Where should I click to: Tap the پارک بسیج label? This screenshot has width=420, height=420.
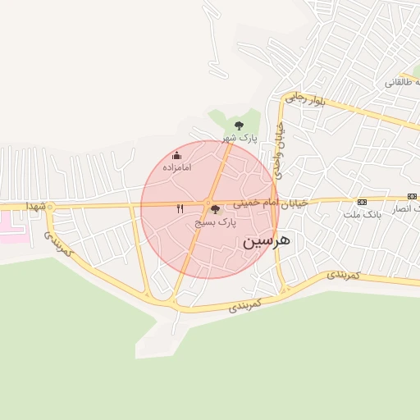pyautogui.click(x=216, y=222)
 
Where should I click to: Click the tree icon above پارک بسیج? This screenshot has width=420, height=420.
pyautogui.click(x=216, y=210)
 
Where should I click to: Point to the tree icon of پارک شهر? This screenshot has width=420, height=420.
pyautogui.click(x=239, y=126)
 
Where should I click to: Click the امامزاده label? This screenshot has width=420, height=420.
pyautogui.click(x=176, y=167)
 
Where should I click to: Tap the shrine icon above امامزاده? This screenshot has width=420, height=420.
pyautogui.click(x=176, y=155)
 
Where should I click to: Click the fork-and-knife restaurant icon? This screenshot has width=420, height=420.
pyautogui.click(x=180, y=208)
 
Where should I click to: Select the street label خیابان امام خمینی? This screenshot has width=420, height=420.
pyautogui.click(x=270, y=202)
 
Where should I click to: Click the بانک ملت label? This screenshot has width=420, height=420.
pyautogui.click(x=362, y=214)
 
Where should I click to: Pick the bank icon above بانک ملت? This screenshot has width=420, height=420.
pyautogui.click(x=362, y=202)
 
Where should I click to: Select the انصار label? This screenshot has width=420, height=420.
pyautogui.click(x=407, y=210)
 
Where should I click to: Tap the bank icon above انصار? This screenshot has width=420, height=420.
pyautogui.click(x=412, y=197)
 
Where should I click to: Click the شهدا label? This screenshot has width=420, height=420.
pyautogui.click(x=34, y=205)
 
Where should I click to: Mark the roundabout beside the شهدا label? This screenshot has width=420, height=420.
pyautogui.click(x=50, y=206)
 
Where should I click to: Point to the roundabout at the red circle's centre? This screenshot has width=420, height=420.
pyautogui.click(x=208, y=203)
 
